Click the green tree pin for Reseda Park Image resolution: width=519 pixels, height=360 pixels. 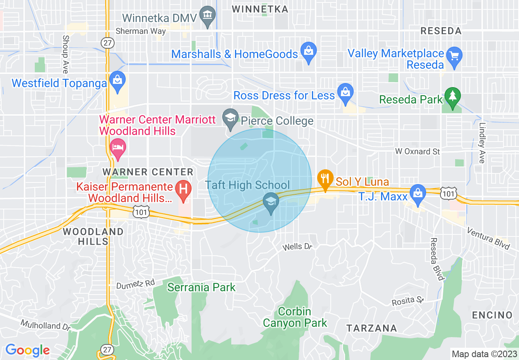click(x=452, y=97)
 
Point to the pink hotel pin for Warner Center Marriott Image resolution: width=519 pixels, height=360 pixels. click(x=118, y=148)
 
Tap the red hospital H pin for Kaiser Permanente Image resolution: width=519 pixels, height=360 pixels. click(x=183, y=189)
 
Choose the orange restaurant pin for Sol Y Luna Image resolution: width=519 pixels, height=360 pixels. click(x=325, y=179)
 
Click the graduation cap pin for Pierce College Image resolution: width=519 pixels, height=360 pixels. click(x=230, y=118)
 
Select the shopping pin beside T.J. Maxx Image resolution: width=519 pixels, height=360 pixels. click(x=417, y=193)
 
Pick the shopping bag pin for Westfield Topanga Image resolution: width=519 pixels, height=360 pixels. click(x=117, y=81)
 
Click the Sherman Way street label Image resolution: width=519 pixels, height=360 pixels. click(x=141, y=31)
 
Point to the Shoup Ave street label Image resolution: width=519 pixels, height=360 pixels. click(x=65, y=54)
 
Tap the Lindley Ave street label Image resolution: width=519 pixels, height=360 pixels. click(x=482, y=143)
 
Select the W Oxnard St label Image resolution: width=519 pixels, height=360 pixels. click(x=417, y=151)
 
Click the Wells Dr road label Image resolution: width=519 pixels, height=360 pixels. click(x=298, y=247)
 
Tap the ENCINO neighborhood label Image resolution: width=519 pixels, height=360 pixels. click(x=492, y=315)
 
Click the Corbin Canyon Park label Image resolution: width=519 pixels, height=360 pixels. click(x=295, y=317)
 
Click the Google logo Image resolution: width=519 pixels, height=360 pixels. click(x=27, y=350)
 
